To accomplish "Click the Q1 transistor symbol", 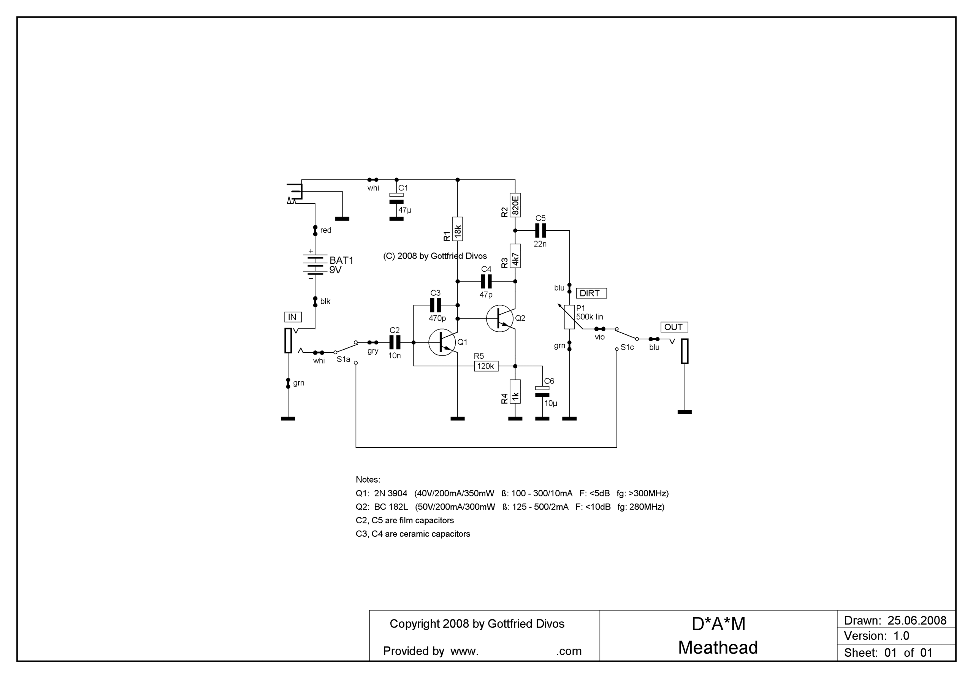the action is (x=442, y=342).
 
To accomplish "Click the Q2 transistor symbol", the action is (x=500, y=318).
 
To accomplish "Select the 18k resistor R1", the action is (x=458, y=229).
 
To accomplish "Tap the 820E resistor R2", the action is (x=515, y=205).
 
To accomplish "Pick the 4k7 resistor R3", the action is (x=515, y=256).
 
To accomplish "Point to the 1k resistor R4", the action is (x=515, y=391).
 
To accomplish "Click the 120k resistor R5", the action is (x=486, y=366).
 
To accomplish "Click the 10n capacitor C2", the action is (x=395, y=342).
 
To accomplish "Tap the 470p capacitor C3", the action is (x=436, y=305).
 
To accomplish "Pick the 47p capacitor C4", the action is (x=486, y=281).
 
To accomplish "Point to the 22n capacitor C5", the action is (x=540, y=231).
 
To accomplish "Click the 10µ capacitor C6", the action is (x=542, y=391).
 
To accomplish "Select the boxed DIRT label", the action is (x=591, y=293).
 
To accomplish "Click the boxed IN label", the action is (x=293, y=317).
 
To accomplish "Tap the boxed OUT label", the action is (x=674, y=327).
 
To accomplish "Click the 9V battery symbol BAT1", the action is (x=315, y=265).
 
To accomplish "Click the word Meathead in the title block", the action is (x=718, y=648).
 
